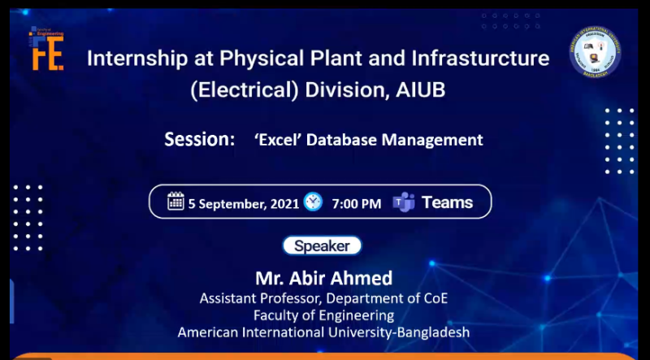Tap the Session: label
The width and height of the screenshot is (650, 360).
tap(200, 139)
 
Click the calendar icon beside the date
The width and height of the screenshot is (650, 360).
tap(175, 202)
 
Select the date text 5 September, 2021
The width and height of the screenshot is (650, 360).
tap(244, 203)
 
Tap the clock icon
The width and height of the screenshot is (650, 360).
tap(313, 202)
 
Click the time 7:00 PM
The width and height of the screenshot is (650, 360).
tap(356, 203)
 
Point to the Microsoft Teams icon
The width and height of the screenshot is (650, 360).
tap(404, 202)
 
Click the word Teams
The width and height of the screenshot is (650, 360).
tap(447, 202)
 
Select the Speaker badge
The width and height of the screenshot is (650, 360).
tap(322, 245)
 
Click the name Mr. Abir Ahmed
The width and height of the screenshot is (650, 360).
tap(323, 277)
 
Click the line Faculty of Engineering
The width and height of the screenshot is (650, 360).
tap(323, 315)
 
